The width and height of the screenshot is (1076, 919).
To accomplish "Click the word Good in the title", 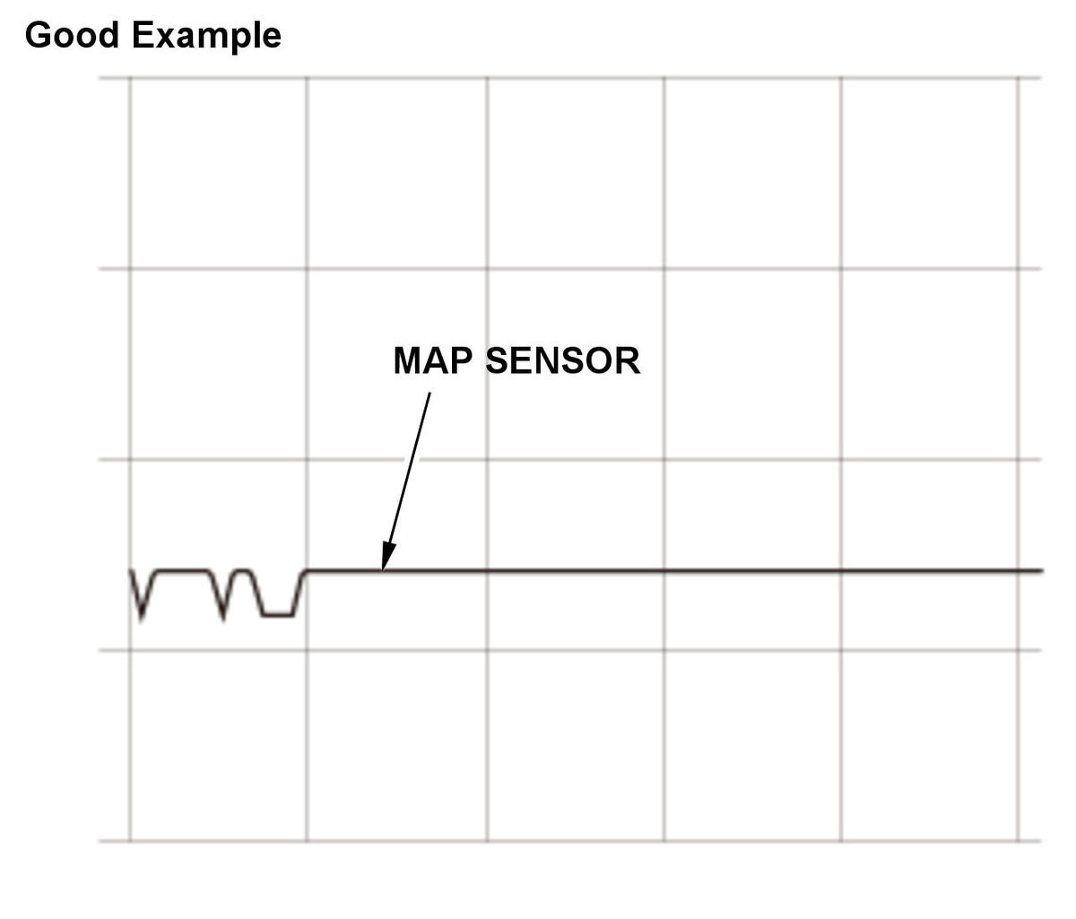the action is pos(72,35).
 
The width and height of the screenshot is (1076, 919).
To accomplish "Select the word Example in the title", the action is pos(206,38).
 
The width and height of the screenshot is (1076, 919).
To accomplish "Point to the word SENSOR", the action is pos(563,360).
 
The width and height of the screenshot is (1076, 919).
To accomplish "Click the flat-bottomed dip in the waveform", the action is pos(278,615).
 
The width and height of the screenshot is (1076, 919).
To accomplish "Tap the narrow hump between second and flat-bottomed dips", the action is pos(244,571).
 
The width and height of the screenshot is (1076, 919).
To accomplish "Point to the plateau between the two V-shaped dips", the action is pos(182,571).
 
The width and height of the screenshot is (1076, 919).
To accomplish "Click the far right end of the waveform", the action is pos(1042,571).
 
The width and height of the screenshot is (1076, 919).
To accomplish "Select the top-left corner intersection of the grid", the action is pos(130,79).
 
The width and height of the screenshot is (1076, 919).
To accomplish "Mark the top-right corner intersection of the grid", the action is pos(1018,79).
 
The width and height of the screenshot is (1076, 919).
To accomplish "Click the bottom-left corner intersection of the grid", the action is pos(130,841).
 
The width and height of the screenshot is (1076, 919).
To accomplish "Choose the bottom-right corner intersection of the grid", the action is pos(1018,841).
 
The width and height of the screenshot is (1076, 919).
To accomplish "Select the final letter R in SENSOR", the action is pos(628,360).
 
